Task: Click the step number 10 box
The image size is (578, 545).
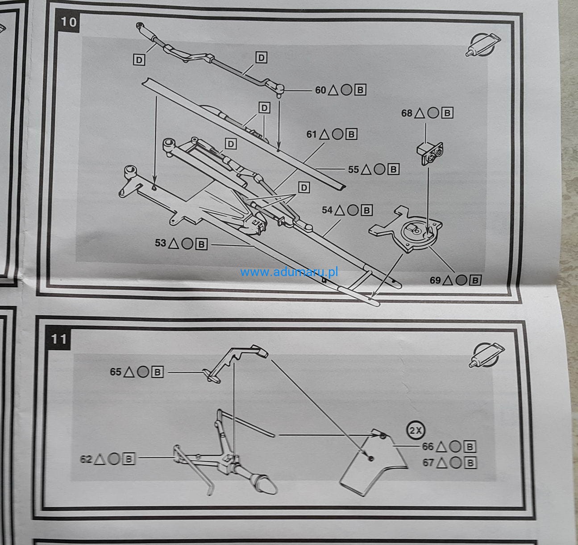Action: click(x=68, y=21)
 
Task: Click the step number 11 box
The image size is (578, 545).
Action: click(x=58, y=339)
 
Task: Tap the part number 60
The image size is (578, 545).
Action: click(x=320, y=90)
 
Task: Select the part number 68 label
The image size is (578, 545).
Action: click(x=407, y=113)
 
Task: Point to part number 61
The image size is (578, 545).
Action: click(x=312, y=134)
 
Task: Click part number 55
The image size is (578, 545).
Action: click(x=353, y=169)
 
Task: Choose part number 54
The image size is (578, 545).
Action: click(x=327, y=210)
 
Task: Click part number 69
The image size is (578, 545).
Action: click(x=435, y=280)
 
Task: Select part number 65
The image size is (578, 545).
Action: click(x=116, y=372)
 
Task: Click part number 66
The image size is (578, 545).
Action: click(x=428, y=446)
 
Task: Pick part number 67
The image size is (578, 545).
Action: click(x=428, y=462)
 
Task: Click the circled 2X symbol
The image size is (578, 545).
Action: click(x=416, y=430)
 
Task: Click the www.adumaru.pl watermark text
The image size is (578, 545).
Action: click(x=289, y=272)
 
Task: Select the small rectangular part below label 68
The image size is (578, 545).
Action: click(x=431, y=154)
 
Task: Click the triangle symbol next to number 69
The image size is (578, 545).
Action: click(x=449, y=280)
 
